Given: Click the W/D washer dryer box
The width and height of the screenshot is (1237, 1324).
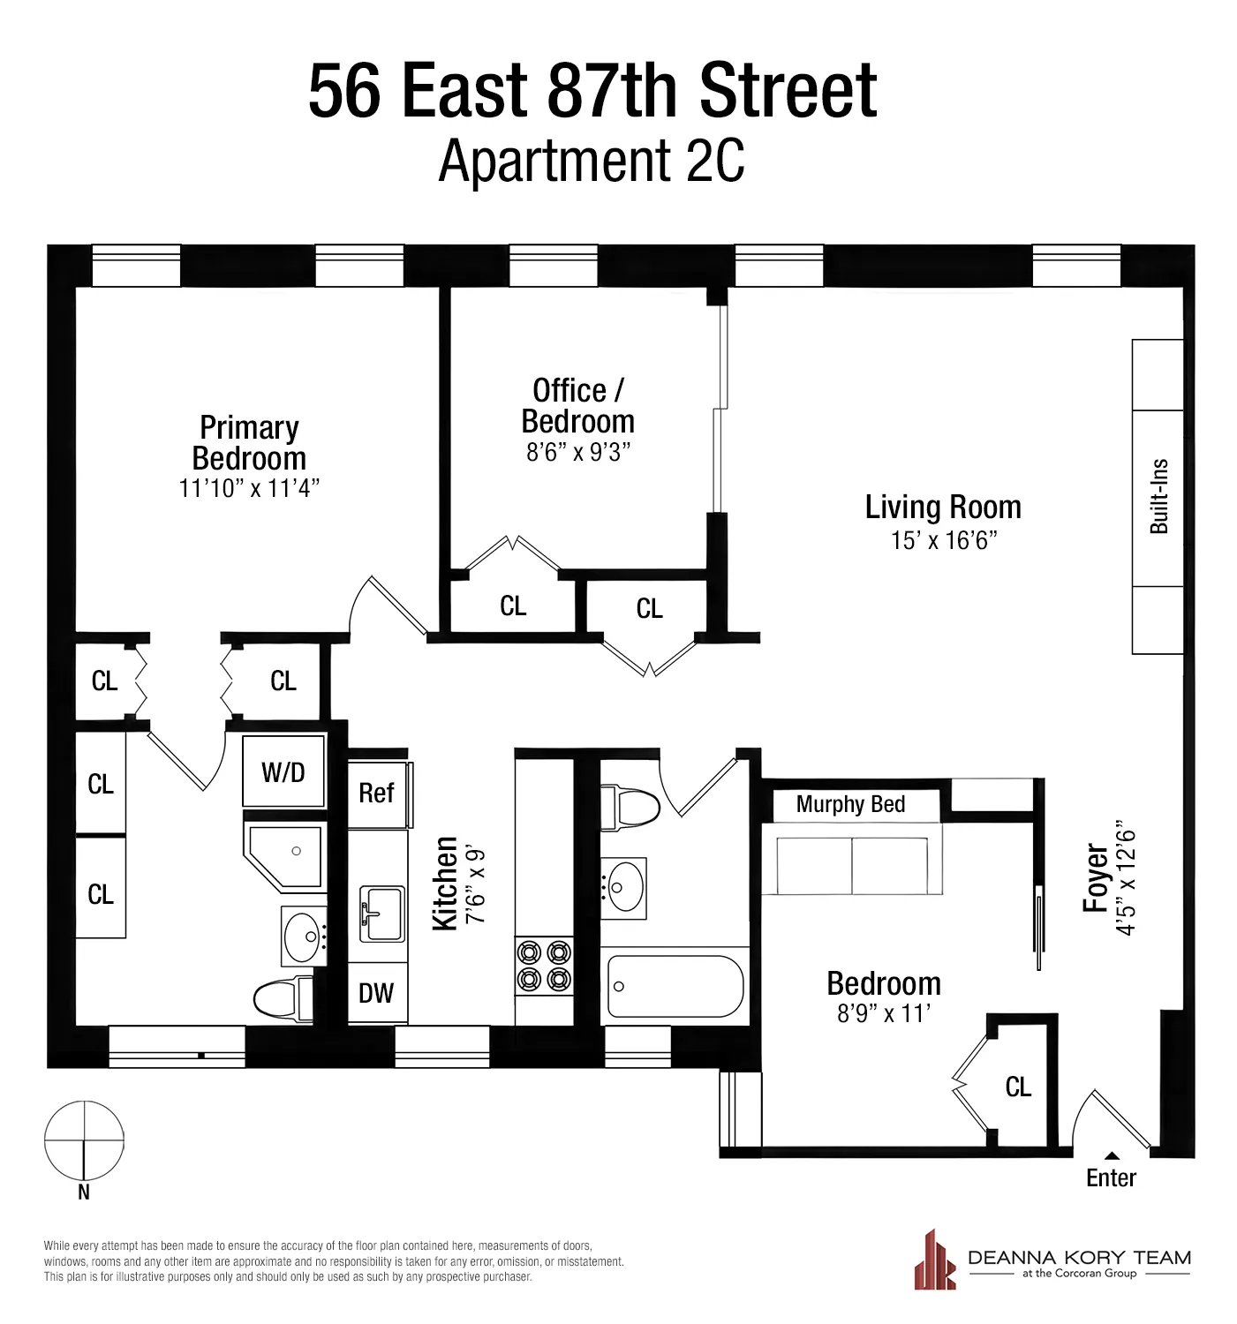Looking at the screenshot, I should coord(283,772).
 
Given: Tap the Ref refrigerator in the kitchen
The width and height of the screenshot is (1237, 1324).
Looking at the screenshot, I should coord(376,793).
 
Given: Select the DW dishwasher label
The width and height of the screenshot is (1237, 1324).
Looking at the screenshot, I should coord(376,993).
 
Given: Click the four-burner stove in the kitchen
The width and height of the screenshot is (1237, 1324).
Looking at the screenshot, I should coord(544,966).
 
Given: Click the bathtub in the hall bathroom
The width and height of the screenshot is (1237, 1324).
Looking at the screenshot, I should coord(675,987).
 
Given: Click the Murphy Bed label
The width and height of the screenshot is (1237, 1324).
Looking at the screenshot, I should coord(850,804).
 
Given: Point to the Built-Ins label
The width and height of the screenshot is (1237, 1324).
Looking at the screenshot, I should coord(1158,496).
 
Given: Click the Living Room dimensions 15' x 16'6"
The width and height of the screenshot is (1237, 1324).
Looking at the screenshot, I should coord(943,540).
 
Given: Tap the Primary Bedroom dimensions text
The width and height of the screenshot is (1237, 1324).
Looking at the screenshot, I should coord(249,488).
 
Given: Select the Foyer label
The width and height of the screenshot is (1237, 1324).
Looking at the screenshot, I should coord(1096,878).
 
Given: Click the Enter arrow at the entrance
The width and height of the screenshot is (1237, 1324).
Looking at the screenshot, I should coord(1112,1155).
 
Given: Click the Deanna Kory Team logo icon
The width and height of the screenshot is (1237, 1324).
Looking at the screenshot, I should coord(935,1260).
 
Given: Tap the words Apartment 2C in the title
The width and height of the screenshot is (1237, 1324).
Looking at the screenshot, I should coord(592,161).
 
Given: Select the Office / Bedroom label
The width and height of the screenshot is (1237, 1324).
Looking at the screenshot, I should coord(577,406).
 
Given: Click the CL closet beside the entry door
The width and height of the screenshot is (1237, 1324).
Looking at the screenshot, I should coord(1018,1087).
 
